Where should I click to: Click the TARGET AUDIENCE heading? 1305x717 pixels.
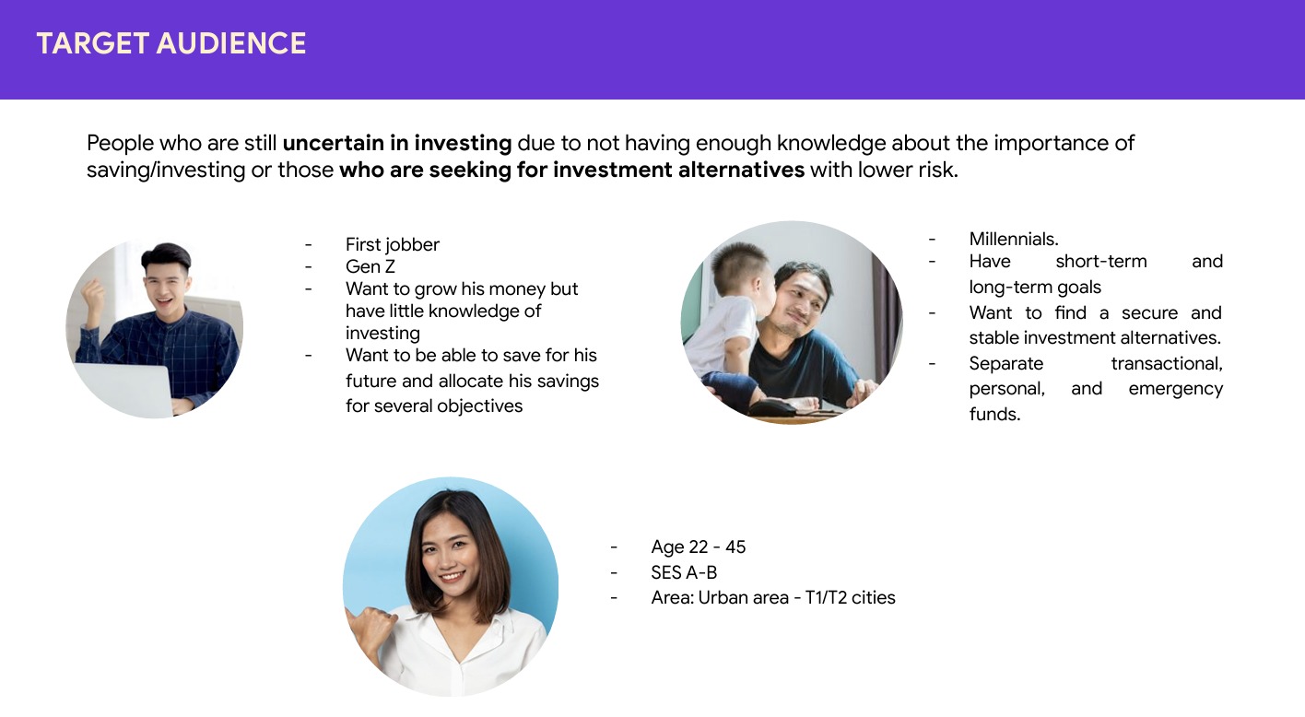point(171,43)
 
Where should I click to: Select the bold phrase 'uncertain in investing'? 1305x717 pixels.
point(396,143)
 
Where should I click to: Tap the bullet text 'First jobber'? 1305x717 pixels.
point(392,244)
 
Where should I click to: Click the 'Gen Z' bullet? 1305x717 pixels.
point(370,266)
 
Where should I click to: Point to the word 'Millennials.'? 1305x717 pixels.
point(1014,240)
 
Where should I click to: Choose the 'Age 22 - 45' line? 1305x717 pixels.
point(698,547)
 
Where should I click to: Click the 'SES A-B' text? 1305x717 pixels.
point(684,572)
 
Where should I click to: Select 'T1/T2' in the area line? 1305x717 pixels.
point(826,597)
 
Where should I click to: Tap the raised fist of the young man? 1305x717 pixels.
point(93,295)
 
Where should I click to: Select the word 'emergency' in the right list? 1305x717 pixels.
point(1175,389)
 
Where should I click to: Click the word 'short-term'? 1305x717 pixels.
point(1101,262)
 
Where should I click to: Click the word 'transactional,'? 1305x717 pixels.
point(1167,363)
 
